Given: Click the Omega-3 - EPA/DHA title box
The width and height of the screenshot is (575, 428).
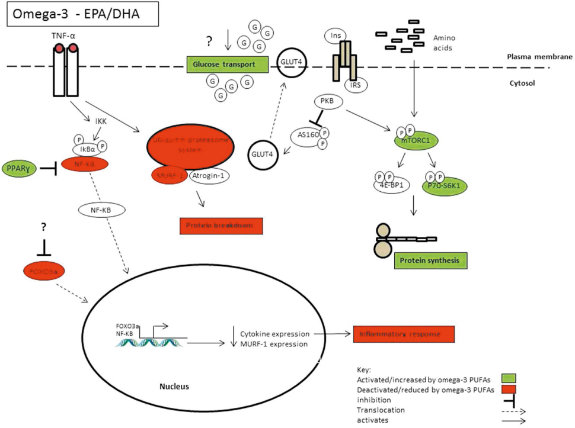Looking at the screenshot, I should [x=82, y=14].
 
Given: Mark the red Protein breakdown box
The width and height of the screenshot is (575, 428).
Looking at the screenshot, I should [x=221, y=226].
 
